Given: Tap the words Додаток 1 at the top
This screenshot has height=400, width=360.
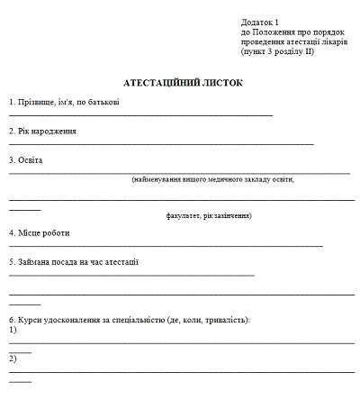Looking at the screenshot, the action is click(x=261, y=21).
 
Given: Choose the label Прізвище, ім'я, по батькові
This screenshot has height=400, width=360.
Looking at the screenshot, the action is click(x=64, y=102).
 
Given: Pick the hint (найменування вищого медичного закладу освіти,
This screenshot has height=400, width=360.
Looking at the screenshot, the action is click(x=212, y=179).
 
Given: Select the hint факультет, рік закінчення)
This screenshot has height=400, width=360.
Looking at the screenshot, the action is click(x=209, y=216).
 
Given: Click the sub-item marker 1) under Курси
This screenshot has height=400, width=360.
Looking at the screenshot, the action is click(x=13, y=330).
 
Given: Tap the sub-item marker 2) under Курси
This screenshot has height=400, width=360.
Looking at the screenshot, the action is click(x=13, y=359).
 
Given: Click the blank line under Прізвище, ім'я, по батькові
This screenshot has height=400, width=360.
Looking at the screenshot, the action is click(x=140, y=115).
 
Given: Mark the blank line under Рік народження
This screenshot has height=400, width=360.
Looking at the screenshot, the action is click(x=161, y=144).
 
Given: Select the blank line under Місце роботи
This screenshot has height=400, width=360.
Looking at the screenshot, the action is click(x=166, y=245).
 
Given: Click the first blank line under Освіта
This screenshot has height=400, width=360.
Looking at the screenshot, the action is click(x=179, y=171).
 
